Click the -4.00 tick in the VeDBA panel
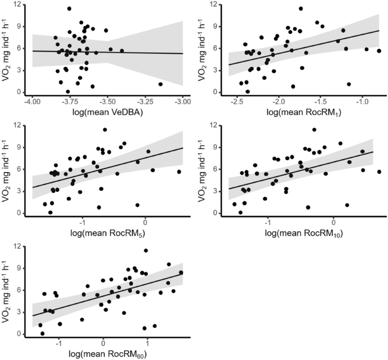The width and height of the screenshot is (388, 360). click(32, 100)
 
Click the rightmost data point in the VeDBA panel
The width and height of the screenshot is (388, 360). click(160, 84)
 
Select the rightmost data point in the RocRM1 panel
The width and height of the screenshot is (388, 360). click(379, 50)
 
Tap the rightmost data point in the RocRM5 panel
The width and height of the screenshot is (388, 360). click(179, 172)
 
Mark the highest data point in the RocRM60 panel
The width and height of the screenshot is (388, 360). click(146, 250)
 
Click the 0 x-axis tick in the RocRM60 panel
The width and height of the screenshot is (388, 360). click(103, 342)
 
